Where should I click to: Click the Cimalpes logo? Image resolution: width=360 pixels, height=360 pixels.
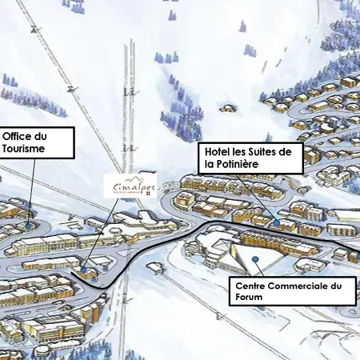(x=132, y=186)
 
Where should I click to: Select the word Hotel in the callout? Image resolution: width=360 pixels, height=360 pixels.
(x=220, y=151)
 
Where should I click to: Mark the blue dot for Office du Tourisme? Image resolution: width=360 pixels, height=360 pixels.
(x=29, y=226)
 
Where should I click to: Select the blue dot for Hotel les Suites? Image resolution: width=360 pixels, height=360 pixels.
(x=276, y=222)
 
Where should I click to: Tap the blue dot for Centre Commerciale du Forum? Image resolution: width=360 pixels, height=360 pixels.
(x=254, y=259)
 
